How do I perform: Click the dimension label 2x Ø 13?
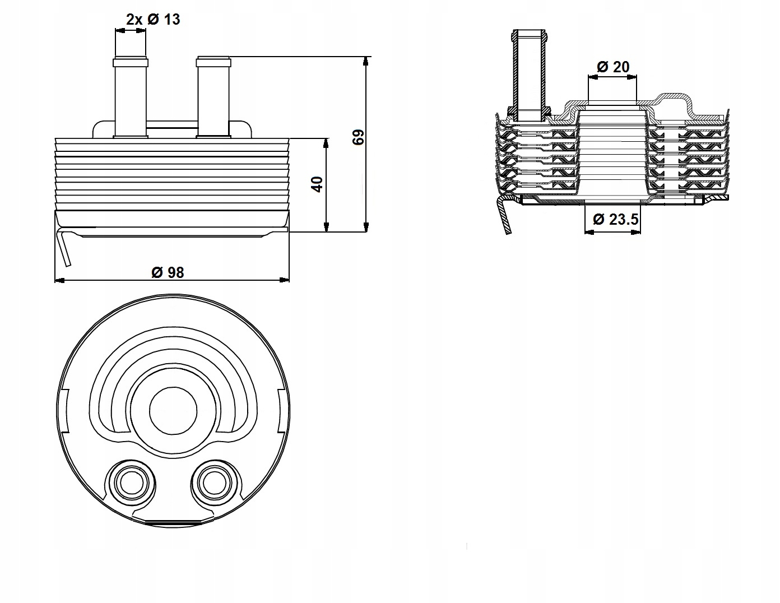(153, 20)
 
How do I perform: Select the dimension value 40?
(317, 184)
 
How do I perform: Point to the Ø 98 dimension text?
(168, 272)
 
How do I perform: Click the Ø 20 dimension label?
(613, 67)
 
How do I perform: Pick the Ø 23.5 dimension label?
(615, 219)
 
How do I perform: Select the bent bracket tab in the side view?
(65, 247)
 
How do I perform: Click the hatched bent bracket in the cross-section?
(504, 216)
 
